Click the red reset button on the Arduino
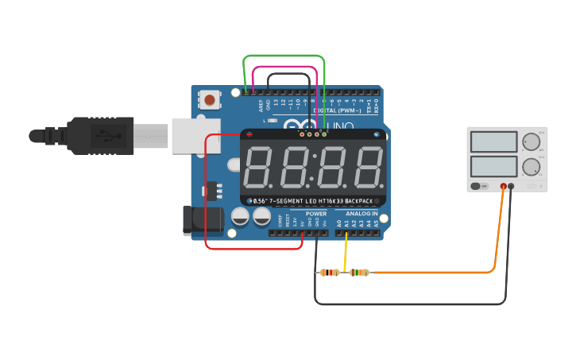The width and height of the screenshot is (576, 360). click(209, 100)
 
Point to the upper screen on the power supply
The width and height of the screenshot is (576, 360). click(493, 142)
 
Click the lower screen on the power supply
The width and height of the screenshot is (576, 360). click(493, 167)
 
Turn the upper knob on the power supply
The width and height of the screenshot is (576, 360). click(531, 142)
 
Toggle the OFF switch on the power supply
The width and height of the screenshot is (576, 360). click(478, 186)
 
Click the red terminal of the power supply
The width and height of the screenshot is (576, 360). click(503, 186)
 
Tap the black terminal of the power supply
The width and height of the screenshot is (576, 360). click(511, 186)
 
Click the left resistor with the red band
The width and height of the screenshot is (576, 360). click(330, 273)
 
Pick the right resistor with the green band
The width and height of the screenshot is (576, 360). click(359, 273)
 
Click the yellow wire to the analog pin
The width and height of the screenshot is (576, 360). click(346, 253)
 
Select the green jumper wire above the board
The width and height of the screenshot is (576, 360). click(284, 56)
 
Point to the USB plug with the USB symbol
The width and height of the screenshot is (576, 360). click(102, 136)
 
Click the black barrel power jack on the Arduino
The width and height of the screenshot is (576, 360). click(196, 221)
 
